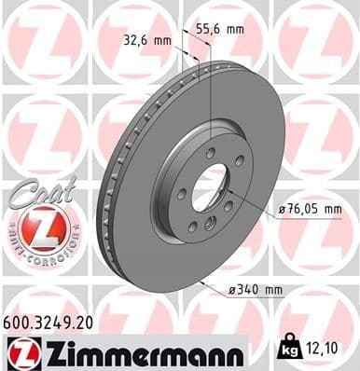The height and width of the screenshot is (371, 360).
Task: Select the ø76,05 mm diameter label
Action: click(x=312, y=211)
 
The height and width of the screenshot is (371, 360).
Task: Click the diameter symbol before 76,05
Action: click(x=282, y=212)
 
